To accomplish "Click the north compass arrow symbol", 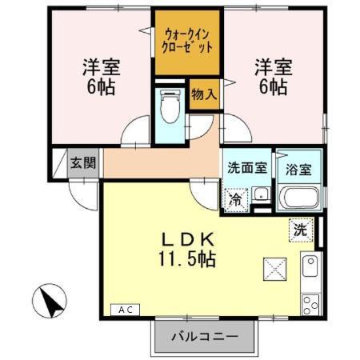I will tap(50, 302).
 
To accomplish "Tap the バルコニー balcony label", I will tap(206, 338).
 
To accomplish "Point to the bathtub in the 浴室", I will tap(298, 198).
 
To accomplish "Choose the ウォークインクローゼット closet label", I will tap(189, 41).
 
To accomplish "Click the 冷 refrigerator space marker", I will tap(237, 199).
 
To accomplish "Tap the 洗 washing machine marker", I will tap(298, 227).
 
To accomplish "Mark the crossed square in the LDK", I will tap(272, 270).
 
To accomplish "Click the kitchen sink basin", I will tap(310, 266).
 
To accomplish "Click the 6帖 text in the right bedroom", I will tap(272, 86).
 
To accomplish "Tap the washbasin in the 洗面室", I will tap(261, 194).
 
